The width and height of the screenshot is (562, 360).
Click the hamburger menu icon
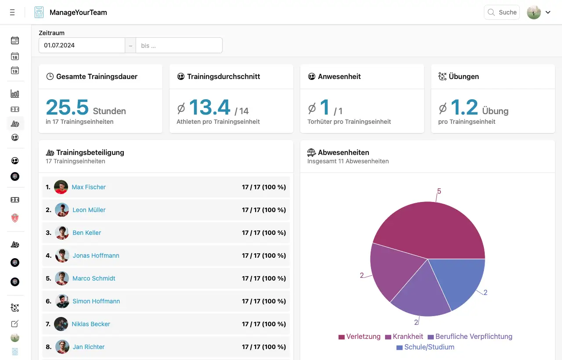click(x=12, y=13)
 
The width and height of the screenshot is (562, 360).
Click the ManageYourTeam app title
click(x=78, y=12)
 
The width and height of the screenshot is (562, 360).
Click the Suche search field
click(x=502, y=12)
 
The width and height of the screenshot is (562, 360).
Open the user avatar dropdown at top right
click(x=539, y=12)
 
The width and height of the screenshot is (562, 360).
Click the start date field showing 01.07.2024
click(x=82, y=45)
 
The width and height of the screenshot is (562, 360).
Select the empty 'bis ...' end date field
click(x=179, y=45)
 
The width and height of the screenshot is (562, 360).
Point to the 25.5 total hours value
click(x=67, y=107)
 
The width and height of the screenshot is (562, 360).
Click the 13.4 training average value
click(x=210, y=107)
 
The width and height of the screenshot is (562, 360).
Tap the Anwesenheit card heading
click(x=339, y=76)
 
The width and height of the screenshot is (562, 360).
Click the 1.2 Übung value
click(x=464, y=107)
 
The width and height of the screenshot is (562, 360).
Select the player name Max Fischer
click(x=89, y=187)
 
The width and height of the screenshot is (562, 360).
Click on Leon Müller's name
click(x=89, y=210)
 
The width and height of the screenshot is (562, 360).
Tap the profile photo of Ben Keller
click(x=62, y=233)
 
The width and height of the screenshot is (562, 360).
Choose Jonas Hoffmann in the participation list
click(x=96, y=256)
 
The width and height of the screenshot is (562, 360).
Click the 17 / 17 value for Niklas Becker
click(x=263, y=324)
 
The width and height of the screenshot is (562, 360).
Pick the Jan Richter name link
click(x=89, y=347)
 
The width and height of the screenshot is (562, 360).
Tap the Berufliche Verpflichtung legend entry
click(x=470, y=337)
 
